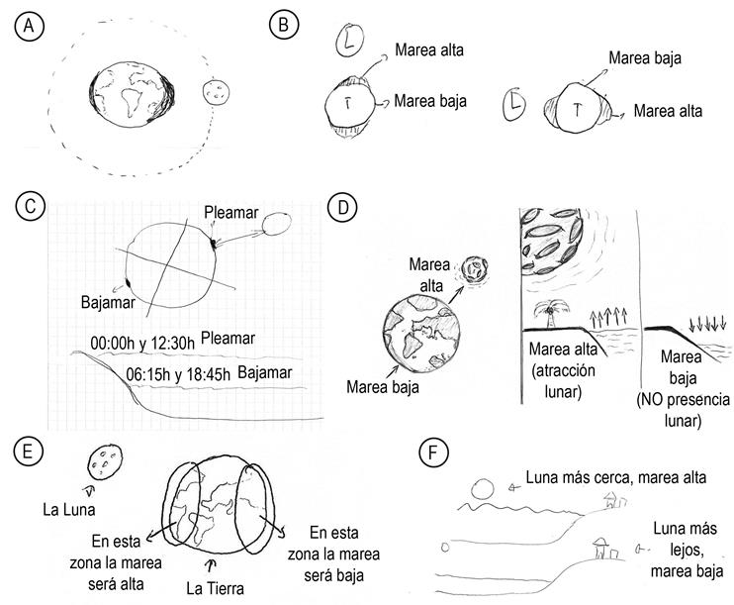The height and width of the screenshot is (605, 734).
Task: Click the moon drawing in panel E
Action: (104, 462)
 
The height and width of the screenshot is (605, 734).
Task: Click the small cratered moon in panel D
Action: (474, 267)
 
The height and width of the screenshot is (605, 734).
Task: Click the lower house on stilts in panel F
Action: (601, 546)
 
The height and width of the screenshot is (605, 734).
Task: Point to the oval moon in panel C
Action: (278, 225)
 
